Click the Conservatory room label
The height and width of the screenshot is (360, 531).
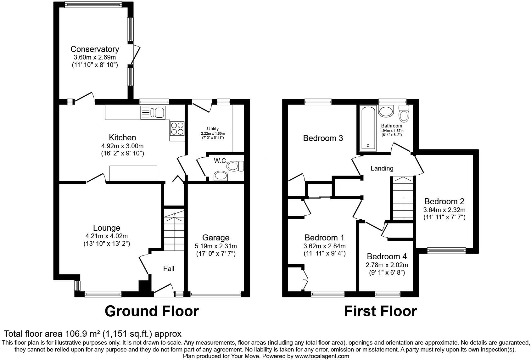(95, 49)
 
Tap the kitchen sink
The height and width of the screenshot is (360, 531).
(153, 112)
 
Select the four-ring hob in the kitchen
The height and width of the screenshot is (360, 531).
(177, 128)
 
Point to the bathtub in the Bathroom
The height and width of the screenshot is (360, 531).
(368, 128)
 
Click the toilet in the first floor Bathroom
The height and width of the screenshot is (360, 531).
(404, 114)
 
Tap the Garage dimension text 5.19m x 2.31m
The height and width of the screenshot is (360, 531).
(216, 246)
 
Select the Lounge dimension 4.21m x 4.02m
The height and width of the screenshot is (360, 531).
(107, 236)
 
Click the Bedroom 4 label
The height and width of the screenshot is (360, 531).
(387, 256)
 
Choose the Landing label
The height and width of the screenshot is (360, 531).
(382, 168)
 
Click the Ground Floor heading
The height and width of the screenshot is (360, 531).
(152, 311)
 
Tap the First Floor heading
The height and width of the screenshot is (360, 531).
(380, 311)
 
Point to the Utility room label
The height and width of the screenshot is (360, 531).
(213, 128)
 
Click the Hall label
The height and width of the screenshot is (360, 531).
(169, 268)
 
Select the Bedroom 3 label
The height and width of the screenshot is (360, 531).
(323, 138)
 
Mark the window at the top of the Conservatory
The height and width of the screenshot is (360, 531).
(93, 4)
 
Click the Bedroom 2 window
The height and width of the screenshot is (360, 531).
(446, 250)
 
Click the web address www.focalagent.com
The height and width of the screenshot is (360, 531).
(322, 356)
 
